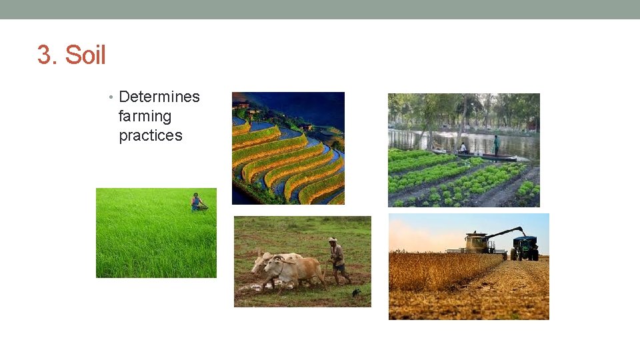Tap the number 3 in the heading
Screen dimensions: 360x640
44,55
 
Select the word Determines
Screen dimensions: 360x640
159,97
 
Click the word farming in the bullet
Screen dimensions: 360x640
145,116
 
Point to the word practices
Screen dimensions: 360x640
150,135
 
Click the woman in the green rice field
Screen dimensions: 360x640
197,202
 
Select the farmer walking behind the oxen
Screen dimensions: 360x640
337,260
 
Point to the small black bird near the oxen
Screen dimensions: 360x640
356,292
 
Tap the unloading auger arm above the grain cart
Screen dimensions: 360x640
506,233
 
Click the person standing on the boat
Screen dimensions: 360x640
497,144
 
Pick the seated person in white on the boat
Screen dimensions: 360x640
463,148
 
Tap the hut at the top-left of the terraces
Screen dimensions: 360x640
243,105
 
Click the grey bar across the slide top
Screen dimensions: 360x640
320,9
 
